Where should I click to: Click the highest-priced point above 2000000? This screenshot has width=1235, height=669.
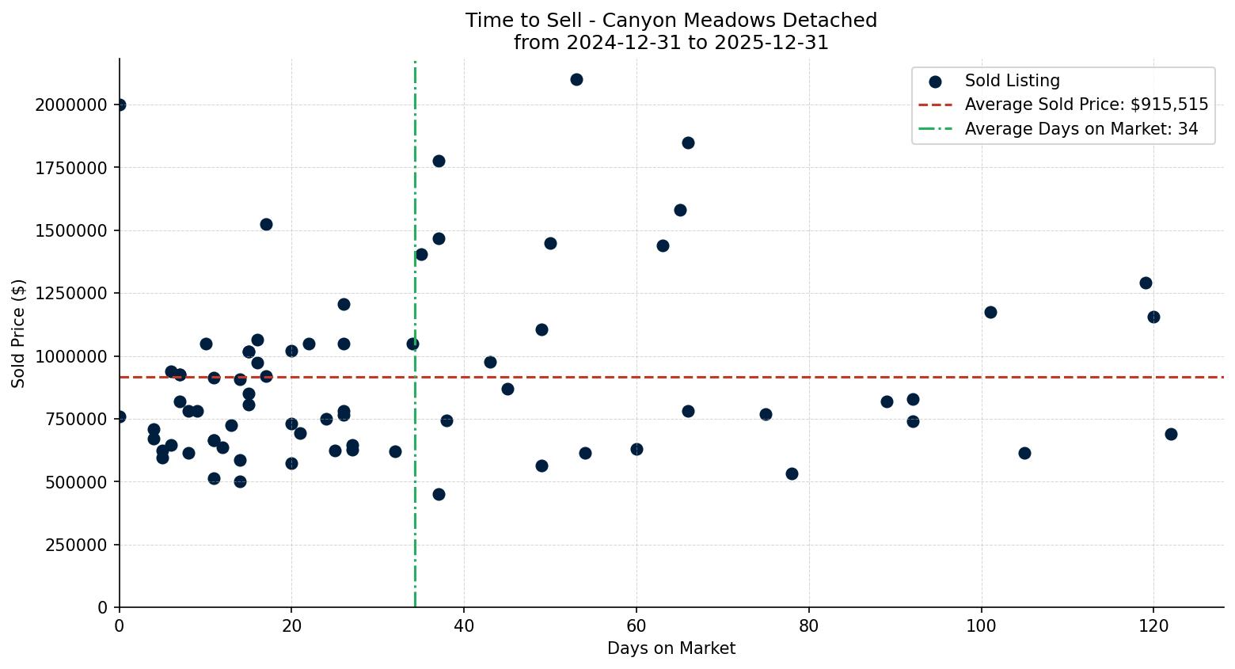point(576,79)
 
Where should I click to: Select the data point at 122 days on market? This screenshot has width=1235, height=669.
point(1171,434)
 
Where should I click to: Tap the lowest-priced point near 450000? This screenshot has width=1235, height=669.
point(439,494)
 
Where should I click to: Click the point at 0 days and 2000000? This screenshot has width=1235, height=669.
point(120,105)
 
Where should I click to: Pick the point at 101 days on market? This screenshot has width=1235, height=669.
point(990,312)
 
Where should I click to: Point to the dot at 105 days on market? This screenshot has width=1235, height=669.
point(1024,453)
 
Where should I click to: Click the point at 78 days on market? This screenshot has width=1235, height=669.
point(792,473)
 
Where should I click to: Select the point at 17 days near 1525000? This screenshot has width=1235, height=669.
point(266,224)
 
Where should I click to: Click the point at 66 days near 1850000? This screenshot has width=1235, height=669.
point(688,143)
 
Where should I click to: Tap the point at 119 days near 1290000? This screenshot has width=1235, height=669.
point(1146,283)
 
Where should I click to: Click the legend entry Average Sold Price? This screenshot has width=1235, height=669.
point(1085,105)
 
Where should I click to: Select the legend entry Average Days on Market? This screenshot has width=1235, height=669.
point(1081,129)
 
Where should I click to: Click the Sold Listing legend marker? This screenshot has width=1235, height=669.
point(935,81)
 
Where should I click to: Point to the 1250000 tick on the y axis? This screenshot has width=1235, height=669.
point(71,294)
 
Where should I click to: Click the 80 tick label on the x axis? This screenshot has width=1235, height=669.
point(808,625)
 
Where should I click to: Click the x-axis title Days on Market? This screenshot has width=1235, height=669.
point(671,648)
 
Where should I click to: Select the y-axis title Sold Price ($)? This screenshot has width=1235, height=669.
point(19,333)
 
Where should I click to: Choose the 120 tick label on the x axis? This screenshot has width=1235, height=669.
point(1153,625)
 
